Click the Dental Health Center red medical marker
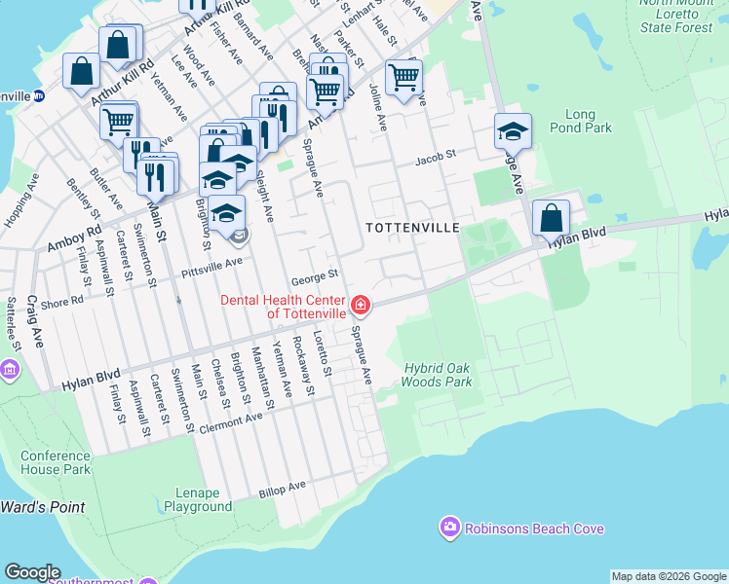coord(361,307)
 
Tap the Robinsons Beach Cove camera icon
coord(449,528)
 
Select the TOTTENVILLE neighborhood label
coord(411,227)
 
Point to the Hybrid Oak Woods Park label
coord(438,375)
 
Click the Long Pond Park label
coord(580,121)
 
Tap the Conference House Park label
coord(56,462)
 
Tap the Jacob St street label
coord(436,157)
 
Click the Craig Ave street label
coord(37,323)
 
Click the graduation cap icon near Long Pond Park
coord(513,130)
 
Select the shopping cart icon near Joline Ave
coord(403,76)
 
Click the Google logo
coord(32,572)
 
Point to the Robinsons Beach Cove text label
coord(534,529)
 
